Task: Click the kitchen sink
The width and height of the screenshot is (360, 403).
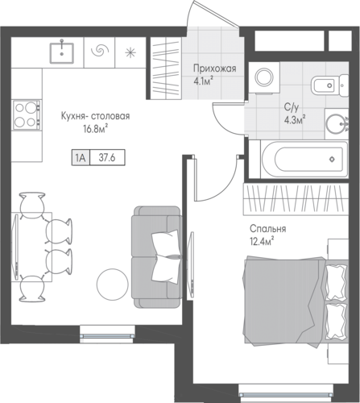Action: point(62,52)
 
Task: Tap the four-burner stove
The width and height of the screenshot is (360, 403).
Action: point(27,115)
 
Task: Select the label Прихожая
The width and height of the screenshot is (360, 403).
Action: point(215,69)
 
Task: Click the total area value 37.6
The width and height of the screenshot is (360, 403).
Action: point(107,157)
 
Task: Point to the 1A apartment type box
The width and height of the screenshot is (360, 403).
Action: point(81,157)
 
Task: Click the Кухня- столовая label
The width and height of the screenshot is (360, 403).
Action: point(95,116)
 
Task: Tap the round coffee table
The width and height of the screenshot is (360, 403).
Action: point(113,284)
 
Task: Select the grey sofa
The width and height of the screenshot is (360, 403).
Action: point(156,257)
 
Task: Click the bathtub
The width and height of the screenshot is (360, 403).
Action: point(304,159)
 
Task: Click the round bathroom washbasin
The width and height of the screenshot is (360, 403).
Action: point(336,124)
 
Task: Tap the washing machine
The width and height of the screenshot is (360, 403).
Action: point(264,77)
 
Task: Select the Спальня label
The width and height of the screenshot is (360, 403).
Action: point(267,229)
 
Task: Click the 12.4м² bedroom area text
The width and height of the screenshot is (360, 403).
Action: point(262,241)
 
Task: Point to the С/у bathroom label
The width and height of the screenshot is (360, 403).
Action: point(292,107)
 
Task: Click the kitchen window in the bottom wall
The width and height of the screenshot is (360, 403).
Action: point(107,335)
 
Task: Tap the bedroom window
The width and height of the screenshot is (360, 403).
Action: point(285,394)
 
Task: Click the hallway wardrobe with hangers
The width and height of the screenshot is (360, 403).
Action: point(166,69)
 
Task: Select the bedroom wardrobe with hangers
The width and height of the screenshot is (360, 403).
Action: point(296,199)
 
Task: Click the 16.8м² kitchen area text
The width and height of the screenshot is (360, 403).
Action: point(96,129)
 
